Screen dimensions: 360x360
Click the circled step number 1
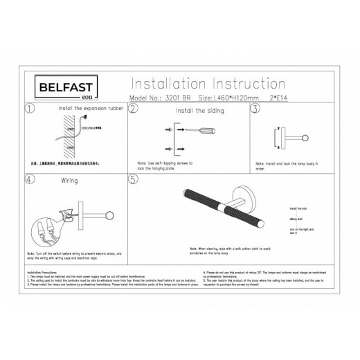pos(28,109)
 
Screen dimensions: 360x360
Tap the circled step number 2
pos(134,109)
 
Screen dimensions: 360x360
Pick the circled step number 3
pos(255,109)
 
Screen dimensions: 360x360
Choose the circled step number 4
pos(28,179)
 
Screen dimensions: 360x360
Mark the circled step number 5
pos(134,179)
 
